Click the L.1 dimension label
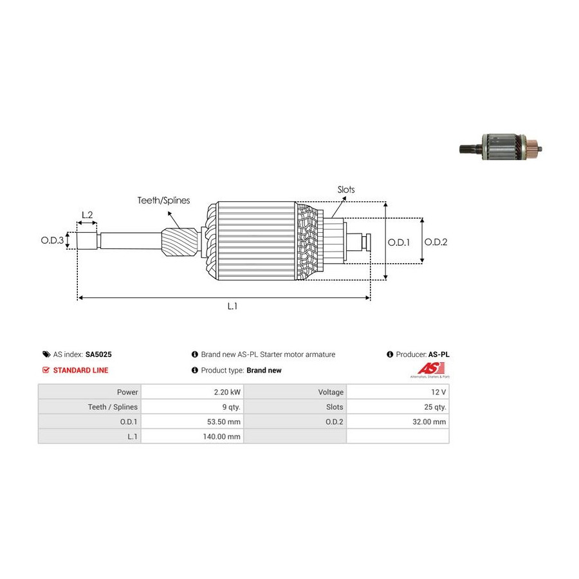232,307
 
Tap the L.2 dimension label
87,214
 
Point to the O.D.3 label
52,241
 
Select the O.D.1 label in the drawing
399,243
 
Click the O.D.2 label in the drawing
436,243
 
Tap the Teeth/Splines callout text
163,201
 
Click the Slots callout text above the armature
345,190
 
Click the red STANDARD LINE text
80,371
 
